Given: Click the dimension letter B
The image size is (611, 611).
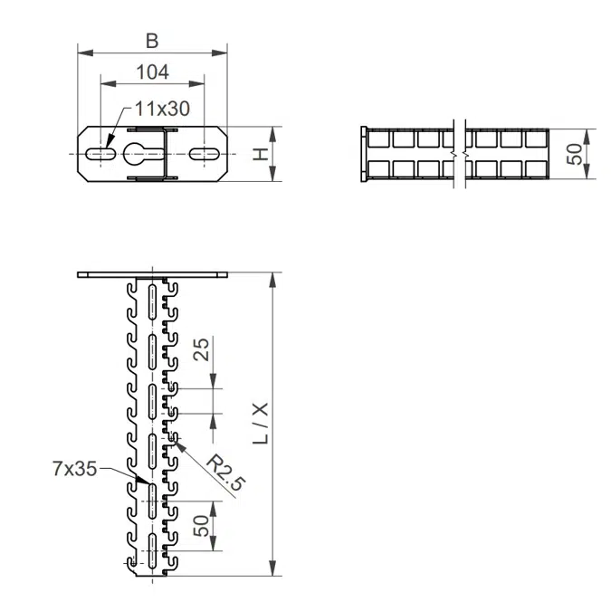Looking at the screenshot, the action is point(152,41).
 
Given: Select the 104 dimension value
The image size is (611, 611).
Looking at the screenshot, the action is point(153,72).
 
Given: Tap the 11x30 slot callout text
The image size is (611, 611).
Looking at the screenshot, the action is point(163,109).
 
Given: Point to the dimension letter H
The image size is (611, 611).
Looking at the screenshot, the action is point(261,154).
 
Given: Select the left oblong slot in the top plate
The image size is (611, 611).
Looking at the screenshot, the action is point(100,154).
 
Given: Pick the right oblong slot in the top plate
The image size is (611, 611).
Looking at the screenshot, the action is point(204,154).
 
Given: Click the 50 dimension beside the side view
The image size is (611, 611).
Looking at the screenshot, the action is point(575,154).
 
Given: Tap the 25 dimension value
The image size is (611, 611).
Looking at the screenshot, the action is point(202,349).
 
